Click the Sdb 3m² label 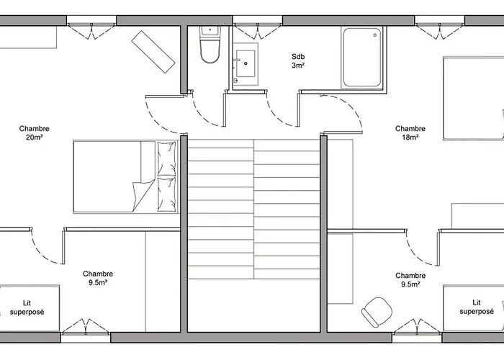[298, 61]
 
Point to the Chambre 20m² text [34, 132]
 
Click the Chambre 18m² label [410, 132]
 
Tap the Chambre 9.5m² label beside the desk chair [410, 279]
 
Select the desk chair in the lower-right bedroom [374, 312]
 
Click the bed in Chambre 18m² [472, 99]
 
